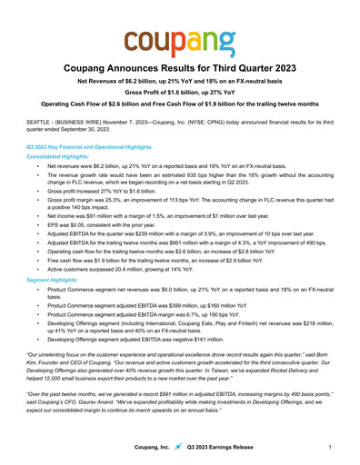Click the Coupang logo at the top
click(x=180, y=41)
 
